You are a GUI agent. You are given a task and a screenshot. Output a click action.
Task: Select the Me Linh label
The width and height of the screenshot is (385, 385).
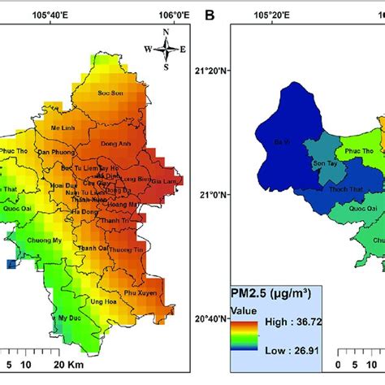tap(62, 128)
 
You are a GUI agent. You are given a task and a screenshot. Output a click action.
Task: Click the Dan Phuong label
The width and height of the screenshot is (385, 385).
tap(55, 152)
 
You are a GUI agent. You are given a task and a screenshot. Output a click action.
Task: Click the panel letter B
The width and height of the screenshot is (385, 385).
tap(210, 15)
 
